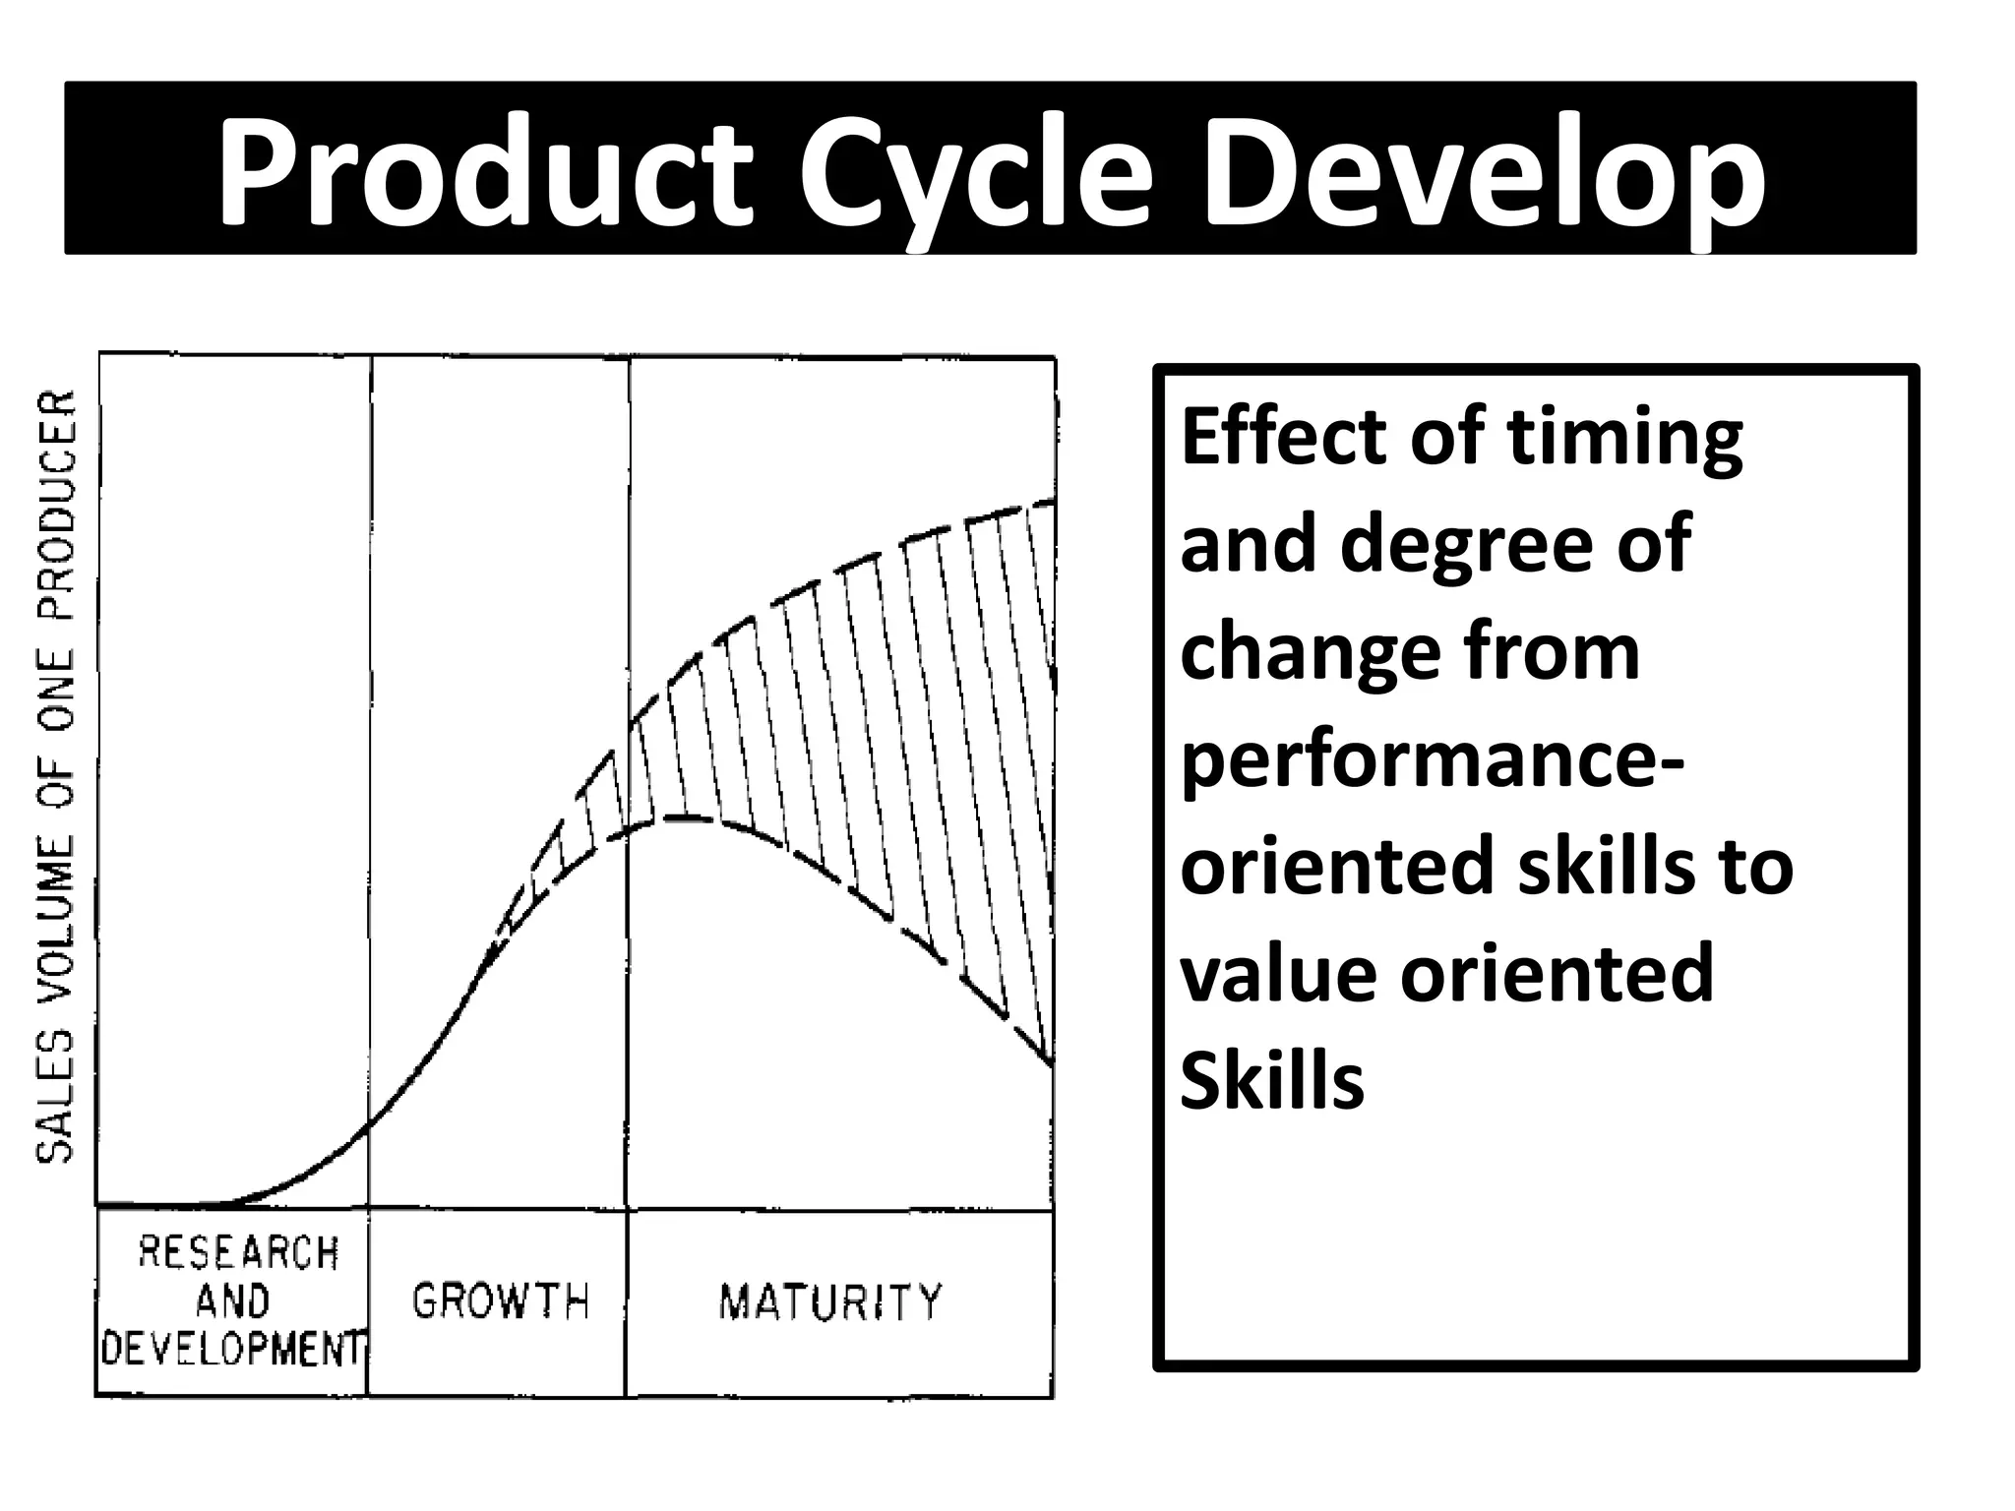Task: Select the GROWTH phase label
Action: [x=500, y=1301]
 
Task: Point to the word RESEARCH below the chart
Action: [x=238, y=1253]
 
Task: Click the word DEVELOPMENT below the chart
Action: [x=234, y=1349]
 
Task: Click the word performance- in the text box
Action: [x=1432, y=762]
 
